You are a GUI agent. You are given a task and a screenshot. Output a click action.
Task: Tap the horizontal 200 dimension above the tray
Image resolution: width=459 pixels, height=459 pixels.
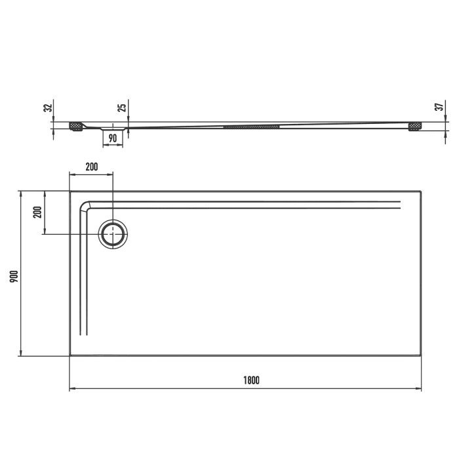91,167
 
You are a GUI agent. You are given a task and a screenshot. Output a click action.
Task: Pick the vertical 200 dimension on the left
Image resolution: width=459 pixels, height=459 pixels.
37,212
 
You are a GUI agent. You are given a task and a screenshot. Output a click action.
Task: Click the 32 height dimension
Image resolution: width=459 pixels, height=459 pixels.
47,108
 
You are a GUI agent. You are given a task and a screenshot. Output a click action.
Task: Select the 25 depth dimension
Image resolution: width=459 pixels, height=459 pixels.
122,108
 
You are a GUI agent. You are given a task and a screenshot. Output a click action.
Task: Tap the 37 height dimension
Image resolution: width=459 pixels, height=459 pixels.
440,107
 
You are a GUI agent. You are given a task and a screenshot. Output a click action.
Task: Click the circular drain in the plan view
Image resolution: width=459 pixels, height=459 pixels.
113,233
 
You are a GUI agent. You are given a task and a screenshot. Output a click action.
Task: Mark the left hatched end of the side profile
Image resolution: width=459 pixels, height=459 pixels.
76,125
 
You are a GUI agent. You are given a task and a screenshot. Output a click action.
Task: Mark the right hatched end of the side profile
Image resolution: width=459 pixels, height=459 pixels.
414,126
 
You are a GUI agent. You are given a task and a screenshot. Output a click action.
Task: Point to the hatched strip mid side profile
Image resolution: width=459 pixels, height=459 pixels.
252,125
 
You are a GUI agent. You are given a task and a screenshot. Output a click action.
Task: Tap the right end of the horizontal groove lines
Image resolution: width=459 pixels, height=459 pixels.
399,205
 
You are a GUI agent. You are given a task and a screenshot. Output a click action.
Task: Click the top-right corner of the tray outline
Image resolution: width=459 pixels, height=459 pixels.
421,191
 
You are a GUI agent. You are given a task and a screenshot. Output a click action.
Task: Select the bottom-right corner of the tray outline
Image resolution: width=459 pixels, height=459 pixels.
421,356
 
